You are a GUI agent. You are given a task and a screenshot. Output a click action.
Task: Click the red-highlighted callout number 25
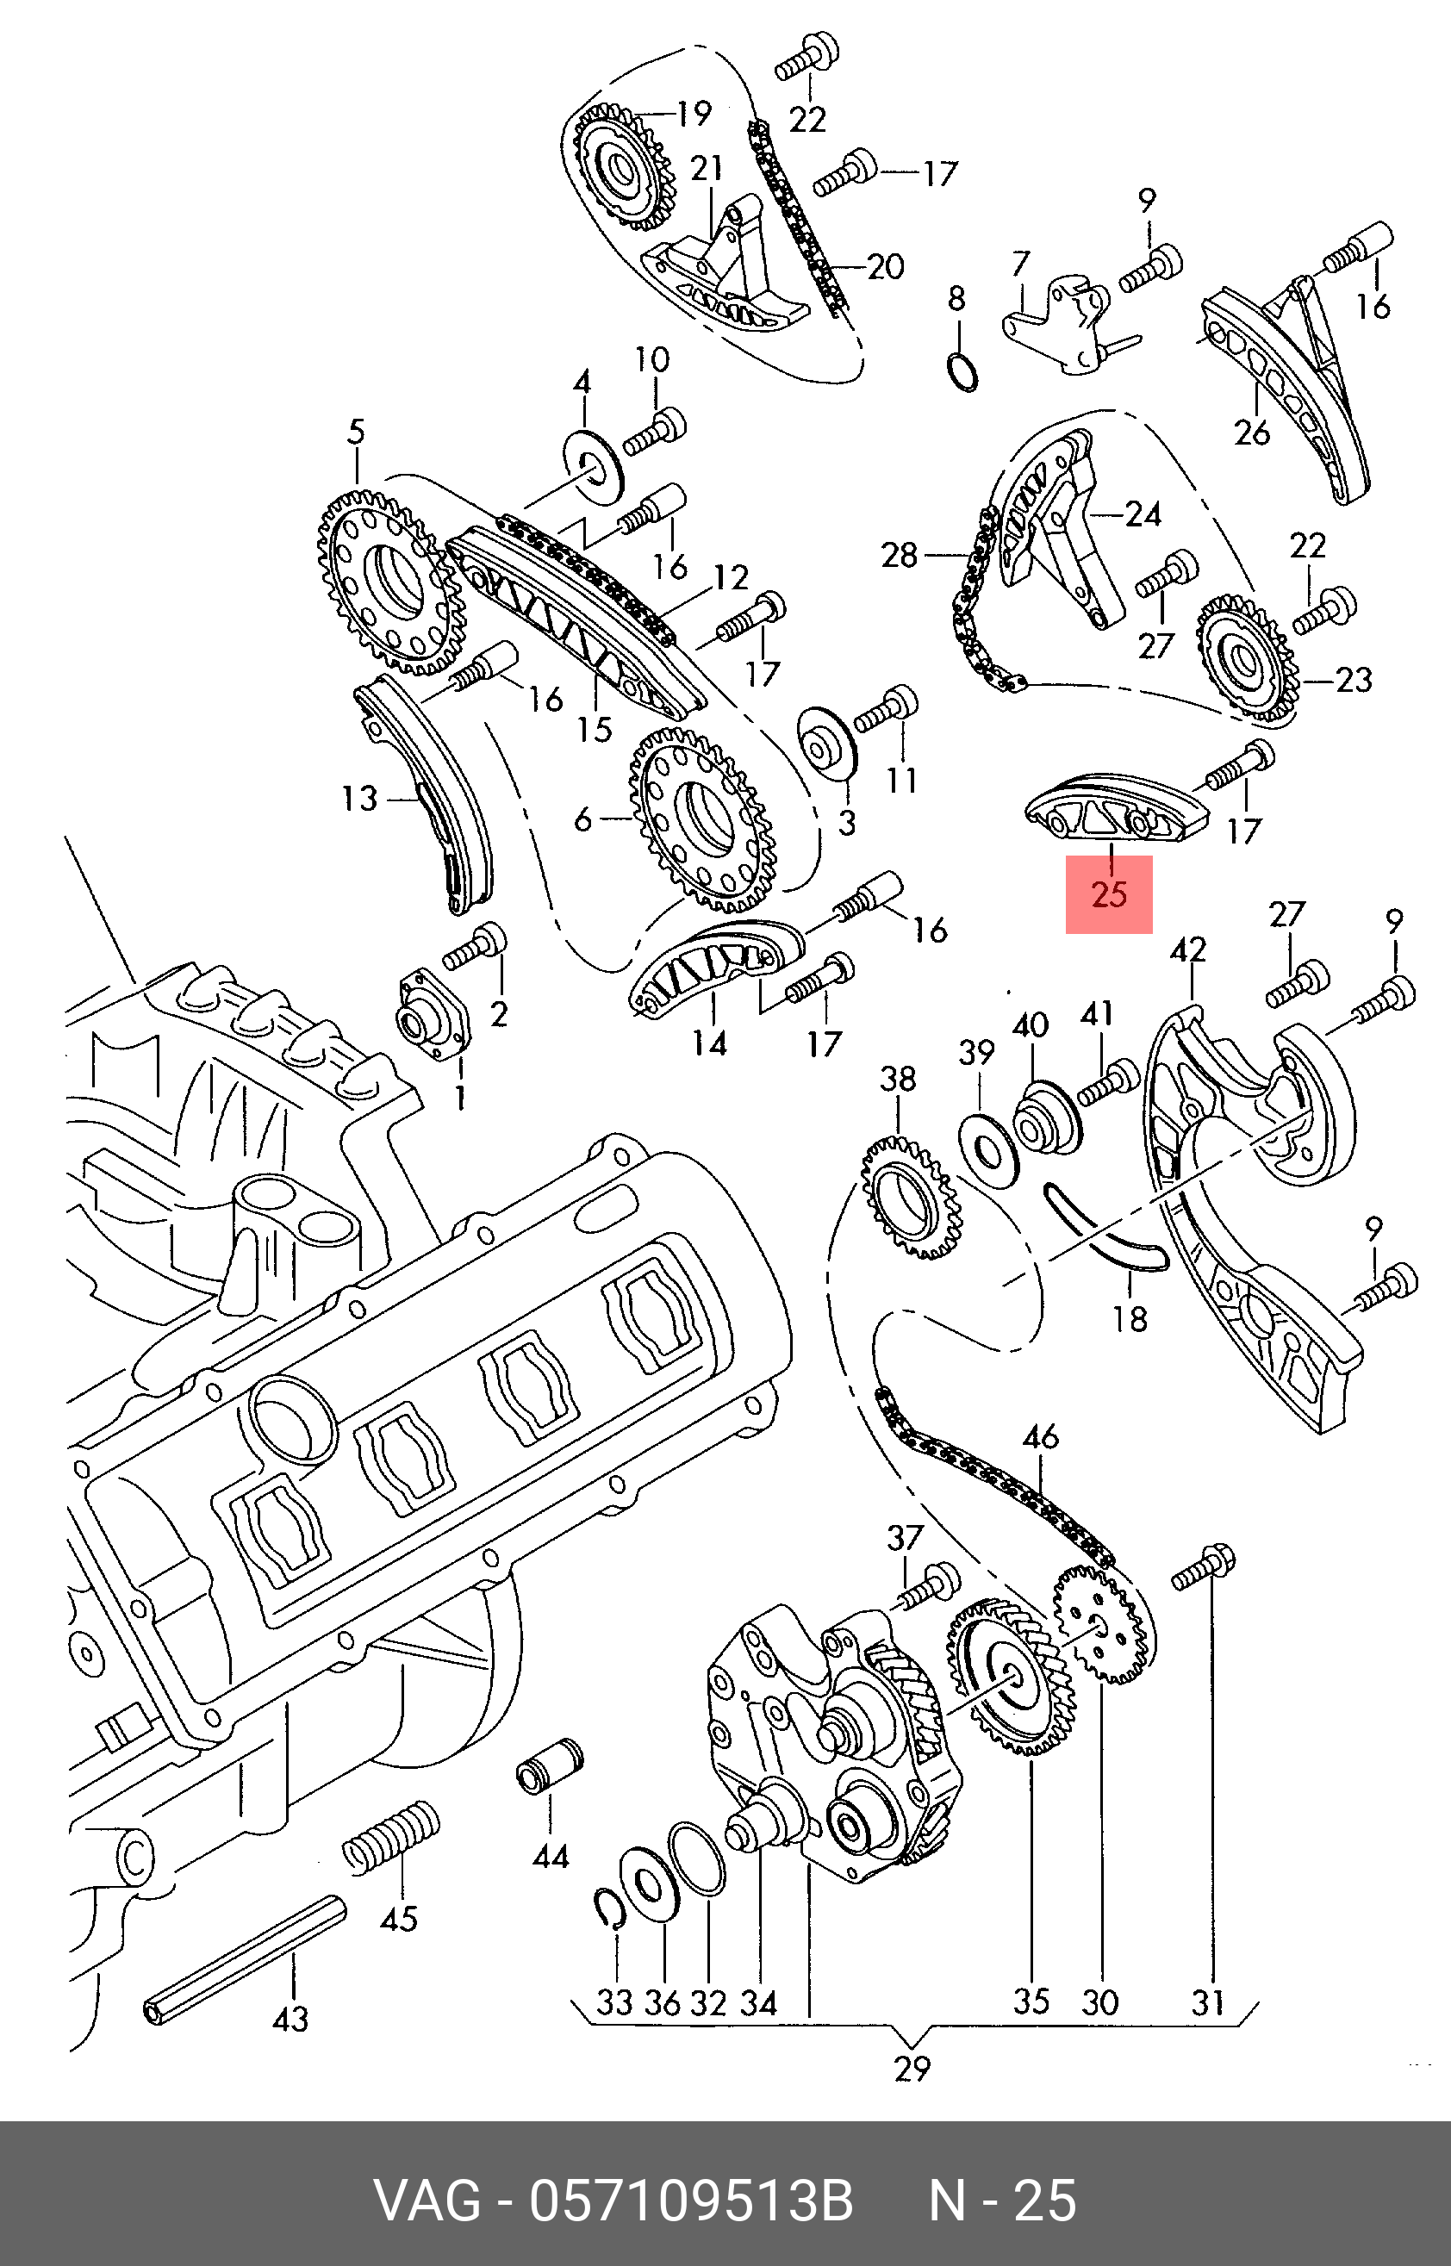[x=1109, y=893]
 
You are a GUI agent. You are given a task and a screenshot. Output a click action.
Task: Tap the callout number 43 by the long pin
[x=290, y=2018]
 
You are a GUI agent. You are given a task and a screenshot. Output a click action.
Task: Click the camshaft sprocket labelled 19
[x=624, y=165]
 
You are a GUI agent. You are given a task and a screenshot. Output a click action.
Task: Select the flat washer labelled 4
[x=595, y=465]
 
